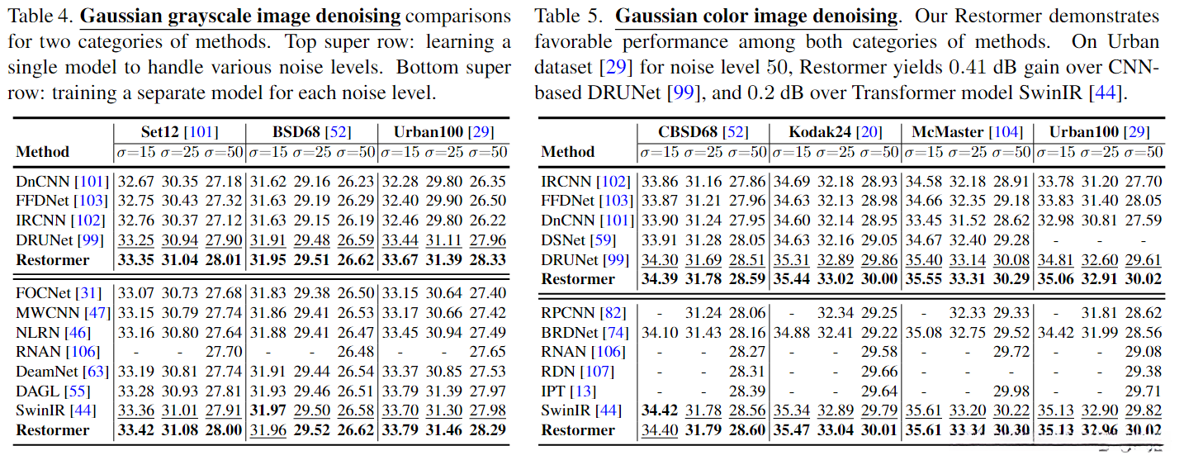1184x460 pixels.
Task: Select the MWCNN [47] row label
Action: point(63,312)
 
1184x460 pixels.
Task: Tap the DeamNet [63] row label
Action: point(62,371)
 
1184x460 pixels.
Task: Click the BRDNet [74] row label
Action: point(585,332)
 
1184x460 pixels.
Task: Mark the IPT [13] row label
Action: point(568,391)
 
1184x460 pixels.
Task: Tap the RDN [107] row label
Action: point(575,371)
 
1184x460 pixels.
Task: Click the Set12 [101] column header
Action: point(179,132)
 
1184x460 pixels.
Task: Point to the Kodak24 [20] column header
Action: point(836,132)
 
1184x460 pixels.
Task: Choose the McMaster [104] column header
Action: point(967,132)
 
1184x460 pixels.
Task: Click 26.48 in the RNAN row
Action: point(357,352)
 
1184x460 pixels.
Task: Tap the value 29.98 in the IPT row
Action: point(1011,391)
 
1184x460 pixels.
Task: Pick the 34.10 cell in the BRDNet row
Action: point(659,332)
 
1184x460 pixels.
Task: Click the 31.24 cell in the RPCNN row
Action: point(703,313)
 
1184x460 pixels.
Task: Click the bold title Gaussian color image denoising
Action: point(757,16)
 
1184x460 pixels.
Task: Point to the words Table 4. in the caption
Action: point(40,16)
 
